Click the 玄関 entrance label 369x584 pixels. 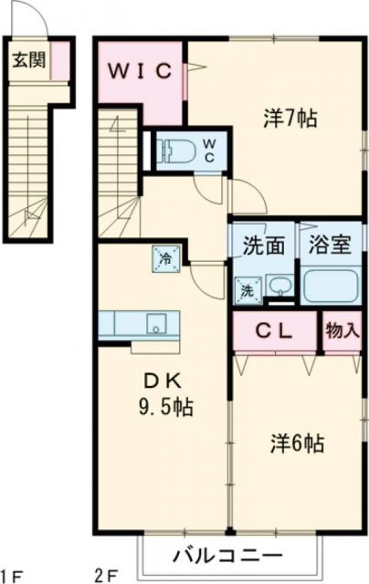point(26,61)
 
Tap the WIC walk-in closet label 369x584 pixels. point(142,71)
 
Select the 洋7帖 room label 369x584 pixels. point(290,119)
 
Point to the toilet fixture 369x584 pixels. point(174,150)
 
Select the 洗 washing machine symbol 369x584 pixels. point(246,291)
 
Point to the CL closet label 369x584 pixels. point(272,332)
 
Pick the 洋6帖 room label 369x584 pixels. point(296,444)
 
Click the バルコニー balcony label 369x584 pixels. point(228,554)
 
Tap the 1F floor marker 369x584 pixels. point(13,575)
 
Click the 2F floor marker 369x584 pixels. point(107,575)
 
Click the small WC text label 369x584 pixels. point(208,150)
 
